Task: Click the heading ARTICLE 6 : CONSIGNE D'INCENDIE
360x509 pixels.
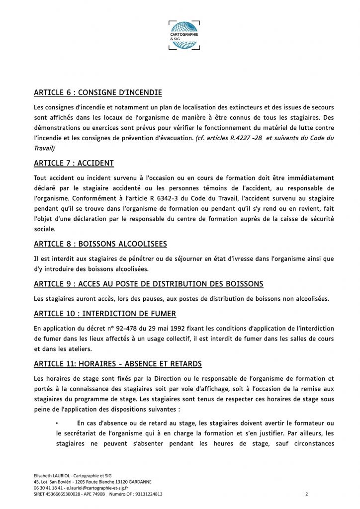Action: [x=98, y=92]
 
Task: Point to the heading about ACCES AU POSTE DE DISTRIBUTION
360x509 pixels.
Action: [x=148, y=284]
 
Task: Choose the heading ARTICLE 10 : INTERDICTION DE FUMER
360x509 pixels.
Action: [x=105, y=314]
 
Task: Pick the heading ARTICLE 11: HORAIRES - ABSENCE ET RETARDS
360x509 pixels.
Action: [x=118, y=364]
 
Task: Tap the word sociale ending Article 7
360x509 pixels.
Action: [x=45, y=229]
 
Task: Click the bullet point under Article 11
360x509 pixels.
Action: [x=58, y=423]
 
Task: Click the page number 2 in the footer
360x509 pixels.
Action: [x=307, y=494]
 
